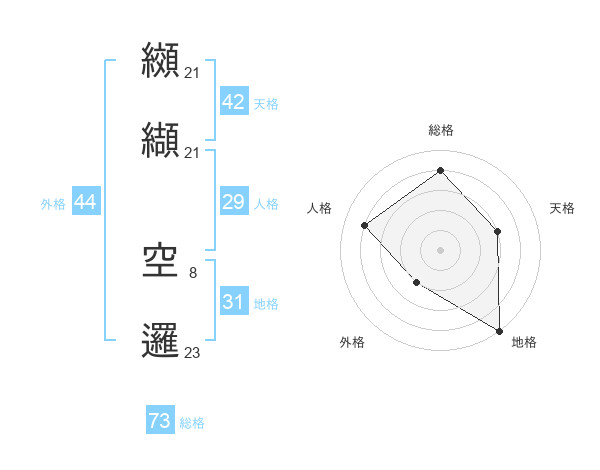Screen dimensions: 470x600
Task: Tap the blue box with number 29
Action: coord(233,202)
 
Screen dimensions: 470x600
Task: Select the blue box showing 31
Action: coord(233,301)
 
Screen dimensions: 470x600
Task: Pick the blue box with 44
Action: coord(85,202)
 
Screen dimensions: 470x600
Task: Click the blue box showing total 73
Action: coord(160,421)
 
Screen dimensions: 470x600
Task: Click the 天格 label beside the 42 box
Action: coord(266,103)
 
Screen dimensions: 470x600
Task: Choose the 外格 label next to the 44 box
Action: coord(53,204)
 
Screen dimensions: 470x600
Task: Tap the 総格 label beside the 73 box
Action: coord(192,423)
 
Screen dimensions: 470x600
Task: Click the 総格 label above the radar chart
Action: coord(440,130)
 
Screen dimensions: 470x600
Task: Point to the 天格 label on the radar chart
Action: coord(563,208)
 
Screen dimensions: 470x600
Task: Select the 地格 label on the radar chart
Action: coord(524,342)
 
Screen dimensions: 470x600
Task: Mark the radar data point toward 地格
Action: coord(499,329)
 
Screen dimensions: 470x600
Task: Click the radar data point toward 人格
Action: coord(365,225)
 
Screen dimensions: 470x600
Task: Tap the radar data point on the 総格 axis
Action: coord(440,170)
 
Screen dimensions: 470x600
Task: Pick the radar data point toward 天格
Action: coord(498,231)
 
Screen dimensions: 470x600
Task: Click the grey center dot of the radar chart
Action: coord(440,249)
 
